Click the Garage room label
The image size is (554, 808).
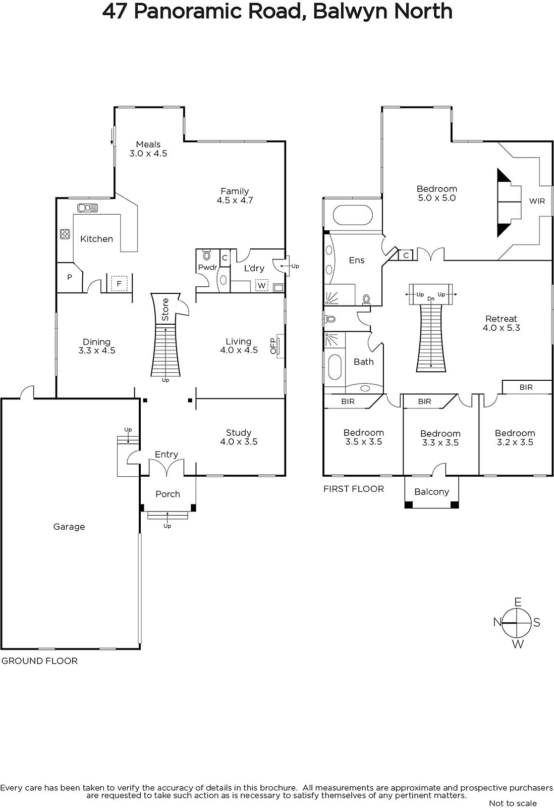point(69,527)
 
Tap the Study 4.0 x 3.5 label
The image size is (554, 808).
point(239,437)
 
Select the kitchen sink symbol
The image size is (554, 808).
point(88,208)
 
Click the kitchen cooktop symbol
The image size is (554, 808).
point(65,234)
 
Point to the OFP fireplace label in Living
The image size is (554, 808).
point(273,346)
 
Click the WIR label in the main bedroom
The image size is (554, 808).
point(537,201)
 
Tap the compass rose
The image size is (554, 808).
point(517,623)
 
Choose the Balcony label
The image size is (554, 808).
point(431,492)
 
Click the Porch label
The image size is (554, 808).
point(168,494)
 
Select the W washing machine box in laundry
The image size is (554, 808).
point(262,285)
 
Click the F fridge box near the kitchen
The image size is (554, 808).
point(119,283)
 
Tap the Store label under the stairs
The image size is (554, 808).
point(165,310)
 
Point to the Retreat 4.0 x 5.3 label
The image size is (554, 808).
point(501,323)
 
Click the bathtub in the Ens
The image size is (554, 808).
point(353,215)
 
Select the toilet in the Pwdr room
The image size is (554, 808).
point(206,255)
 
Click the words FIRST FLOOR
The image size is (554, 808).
point(354,489)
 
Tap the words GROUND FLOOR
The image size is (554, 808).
point(40,661)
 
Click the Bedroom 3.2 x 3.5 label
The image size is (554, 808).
point(515,437)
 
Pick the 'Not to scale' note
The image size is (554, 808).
point(513,803)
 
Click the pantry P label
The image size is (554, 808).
point(70,277)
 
